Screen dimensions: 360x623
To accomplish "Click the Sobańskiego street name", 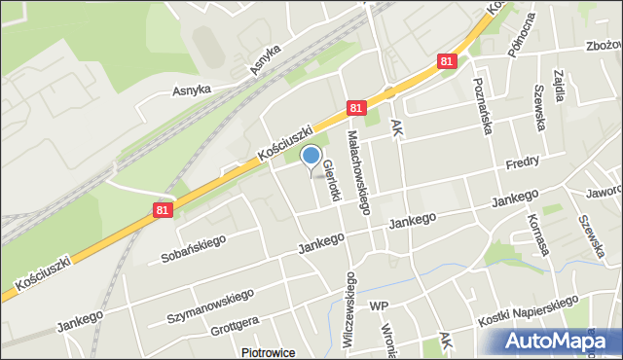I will [194, 249].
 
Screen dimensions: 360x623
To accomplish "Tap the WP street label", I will [379, 306].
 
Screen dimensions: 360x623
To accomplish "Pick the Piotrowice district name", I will [267, 353].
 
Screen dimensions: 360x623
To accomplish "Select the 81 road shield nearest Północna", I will [447, 61].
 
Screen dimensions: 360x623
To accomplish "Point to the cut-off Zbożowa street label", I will [603, 46].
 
